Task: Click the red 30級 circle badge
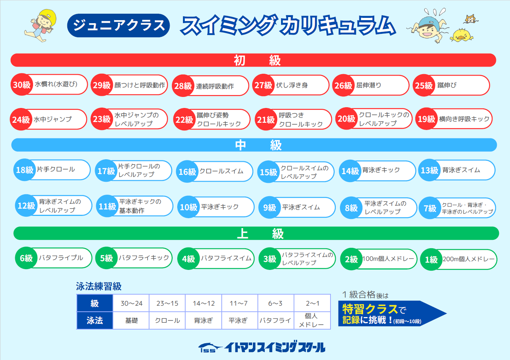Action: (x=22, y=85)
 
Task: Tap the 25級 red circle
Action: (x=424, y=85)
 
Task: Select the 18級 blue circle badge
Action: (x=25, y=170)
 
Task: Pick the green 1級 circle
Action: (x=431, y=259)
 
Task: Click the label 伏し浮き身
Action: (x=292, y=85)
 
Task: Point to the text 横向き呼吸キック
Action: (x=464, y=119)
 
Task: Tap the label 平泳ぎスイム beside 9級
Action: (x=301, y=207)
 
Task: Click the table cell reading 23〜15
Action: (x=167, y=303)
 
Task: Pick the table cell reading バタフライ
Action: (x=276, y=320)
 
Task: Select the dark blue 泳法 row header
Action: (x=95, y=320)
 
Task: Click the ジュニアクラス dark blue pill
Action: (x=118, y=25)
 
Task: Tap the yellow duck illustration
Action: (x=461, y=35)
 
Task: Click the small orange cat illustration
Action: (x=470, y=19)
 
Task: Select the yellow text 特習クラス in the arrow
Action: (x=370, y=309)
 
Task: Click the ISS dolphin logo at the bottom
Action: (x=210, y=347)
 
